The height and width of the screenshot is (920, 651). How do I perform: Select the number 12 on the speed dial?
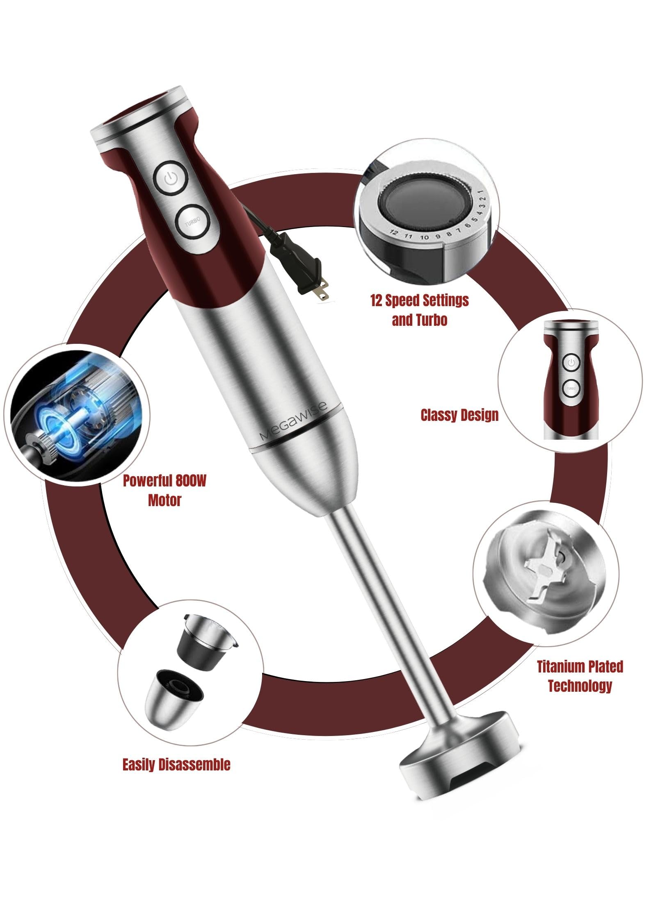tap(393, 233)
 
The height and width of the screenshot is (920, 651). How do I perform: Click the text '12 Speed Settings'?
tap(419, 300)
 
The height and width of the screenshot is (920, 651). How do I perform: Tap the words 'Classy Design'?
tap(459, 415)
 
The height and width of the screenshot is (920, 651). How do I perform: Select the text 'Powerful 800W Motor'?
tap(164, 490)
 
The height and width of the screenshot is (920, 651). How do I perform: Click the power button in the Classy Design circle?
tap(571, 362)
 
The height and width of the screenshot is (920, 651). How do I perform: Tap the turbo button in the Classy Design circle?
tap(571, 388)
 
